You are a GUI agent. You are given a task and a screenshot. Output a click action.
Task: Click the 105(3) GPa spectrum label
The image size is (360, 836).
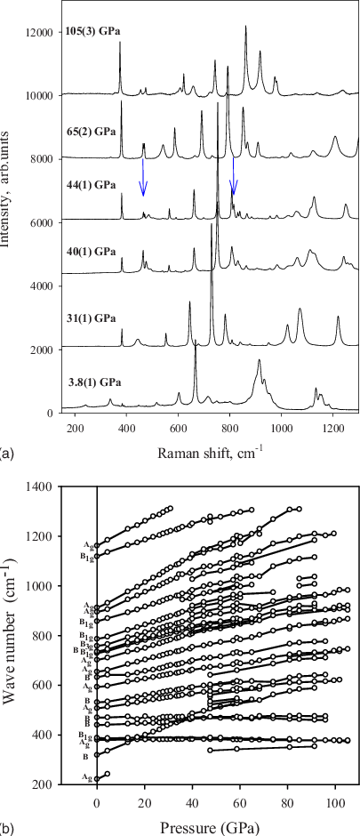(92, 31)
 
